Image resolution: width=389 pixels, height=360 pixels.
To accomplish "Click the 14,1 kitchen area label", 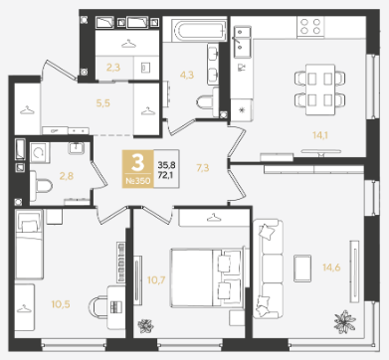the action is click(x=320, y=135).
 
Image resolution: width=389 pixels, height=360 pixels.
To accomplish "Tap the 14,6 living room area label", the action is click(x=331, y=268).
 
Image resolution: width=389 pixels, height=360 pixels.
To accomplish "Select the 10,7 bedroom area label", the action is click(x=156, y=280).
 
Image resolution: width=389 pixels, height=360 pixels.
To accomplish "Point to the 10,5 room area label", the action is click(x=61, y=304).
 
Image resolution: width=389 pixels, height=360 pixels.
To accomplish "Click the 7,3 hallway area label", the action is click(x=203, y=168).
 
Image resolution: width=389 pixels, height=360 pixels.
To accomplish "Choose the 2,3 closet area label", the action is click(x=113, y=68).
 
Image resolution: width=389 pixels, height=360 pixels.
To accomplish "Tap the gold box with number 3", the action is click(x=138, y=169).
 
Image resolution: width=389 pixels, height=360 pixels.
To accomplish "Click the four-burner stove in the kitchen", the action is click(x=310, y=27).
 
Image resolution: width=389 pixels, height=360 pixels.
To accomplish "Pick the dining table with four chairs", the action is click(x=320, y=90).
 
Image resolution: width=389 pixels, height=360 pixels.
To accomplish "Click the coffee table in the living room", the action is click(x=302, y=269).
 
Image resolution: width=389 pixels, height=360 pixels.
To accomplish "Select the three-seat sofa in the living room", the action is click(x=269, y=269).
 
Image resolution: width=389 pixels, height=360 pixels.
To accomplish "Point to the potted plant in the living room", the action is click(x=345, y=321).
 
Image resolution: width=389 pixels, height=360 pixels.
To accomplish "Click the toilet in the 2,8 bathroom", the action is click(x=42, y=186).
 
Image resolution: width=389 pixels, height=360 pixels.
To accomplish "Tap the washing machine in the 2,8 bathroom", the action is click(x=40, y=152).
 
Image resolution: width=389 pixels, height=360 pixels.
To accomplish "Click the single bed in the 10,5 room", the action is click(x=29, y=245).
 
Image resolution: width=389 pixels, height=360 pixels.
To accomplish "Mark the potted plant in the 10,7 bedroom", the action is click(x=145, y=326).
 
